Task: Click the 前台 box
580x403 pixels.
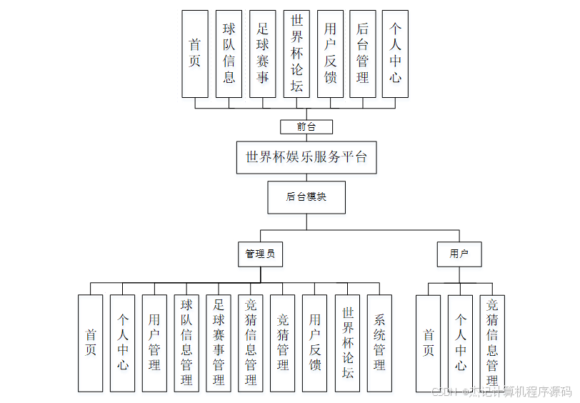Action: click(306, 127)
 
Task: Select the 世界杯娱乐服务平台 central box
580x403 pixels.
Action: click(306, 157)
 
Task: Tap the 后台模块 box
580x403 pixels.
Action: click(306, 197)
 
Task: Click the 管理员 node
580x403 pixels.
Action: click(260, 254)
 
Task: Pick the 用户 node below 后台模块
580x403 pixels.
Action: click(459, 254)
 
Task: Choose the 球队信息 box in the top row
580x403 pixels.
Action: click(229, 54)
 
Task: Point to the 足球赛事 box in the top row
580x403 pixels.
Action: click(262, 54)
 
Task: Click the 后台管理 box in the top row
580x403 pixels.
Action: click(363, 54)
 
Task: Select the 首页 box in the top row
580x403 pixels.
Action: click(195, 54)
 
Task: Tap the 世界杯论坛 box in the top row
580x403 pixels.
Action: click(296, 54)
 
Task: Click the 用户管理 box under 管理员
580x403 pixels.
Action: click(154, 343)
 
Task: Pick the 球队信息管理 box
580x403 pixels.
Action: click(186, 343)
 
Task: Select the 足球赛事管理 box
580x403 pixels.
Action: click(219, 343)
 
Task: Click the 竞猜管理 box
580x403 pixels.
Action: click(283, 343)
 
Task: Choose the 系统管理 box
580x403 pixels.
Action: click(379, 343)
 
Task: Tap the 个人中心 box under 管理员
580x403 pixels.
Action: click(122, 343)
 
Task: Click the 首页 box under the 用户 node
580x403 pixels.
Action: click(429, 343)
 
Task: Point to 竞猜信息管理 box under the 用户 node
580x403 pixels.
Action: click(492, 343)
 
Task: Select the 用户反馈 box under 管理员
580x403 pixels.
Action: click(315, 343)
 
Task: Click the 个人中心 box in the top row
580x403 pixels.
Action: click(395, 54)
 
